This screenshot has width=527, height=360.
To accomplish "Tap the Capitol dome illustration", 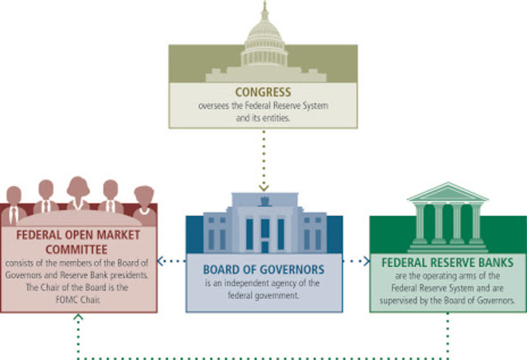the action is (264, 37).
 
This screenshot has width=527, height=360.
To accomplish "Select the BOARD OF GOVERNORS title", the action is (263, 269).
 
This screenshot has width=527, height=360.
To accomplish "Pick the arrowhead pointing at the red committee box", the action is (163, 262).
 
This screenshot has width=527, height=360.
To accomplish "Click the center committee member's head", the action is (79, 185).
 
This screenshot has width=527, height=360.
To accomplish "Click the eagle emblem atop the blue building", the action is (263, 199).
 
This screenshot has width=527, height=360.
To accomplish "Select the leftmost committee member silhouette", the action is (14, 202).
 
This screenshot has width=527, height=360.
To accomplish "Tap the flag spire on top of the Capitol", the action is (264, 7).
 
